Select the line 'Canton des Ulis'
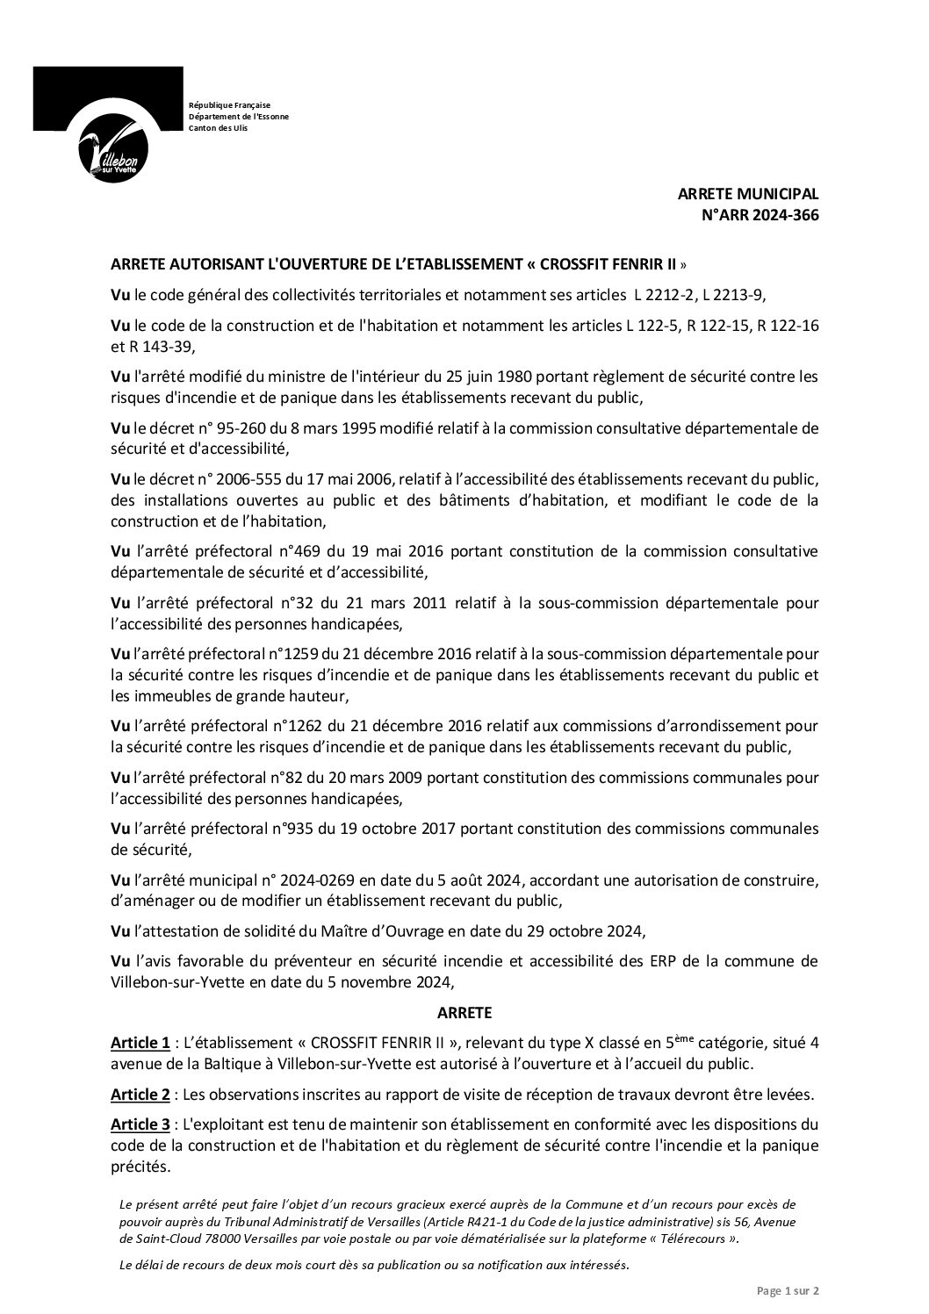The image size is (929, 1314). point(219,128)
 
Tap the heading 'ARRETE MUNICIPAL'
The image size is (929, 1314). point(747,194)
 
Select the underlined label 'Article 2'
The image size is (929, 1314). point(140,1095)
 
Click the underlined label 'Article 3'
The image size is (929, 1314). point(140,1124)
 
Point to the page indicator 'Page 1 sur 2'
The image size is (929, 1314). point(788,1291)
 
